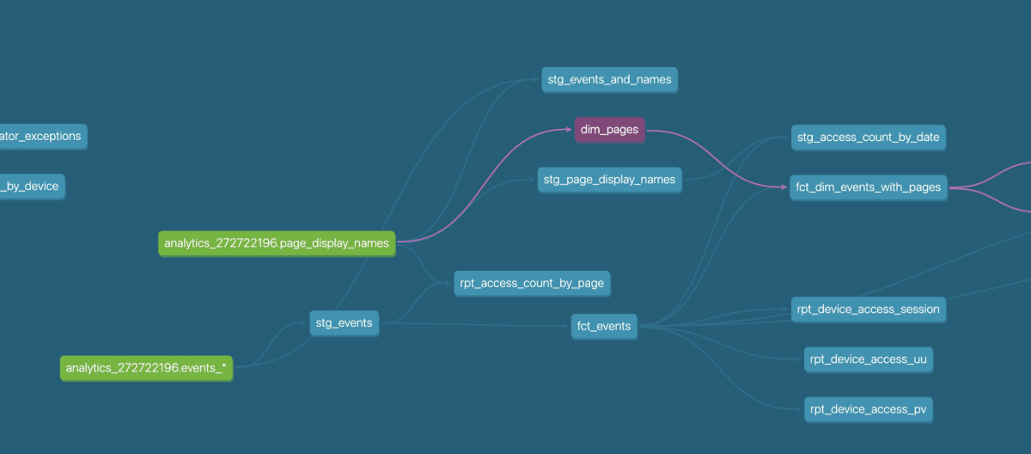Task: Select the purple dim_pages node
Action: (x=609, y=130)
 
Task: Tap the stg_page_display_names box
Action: (x=609, y=181)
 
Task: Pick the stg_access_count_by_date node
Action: (x=868, y=137)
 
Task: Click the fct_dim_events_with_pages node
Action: (x=868, y=187)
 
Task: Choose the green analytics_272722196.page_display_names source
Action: (x=277, y=243)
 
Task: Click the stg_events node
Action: (x=344, y=323)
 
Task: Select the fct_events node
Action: (x=604, y=326)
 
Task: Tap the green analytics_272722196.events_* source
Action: (x=146, y=368)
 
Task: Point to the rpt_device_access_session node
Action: (x=868, y=309)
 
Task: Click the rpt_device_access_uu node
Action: (x=868, y=359)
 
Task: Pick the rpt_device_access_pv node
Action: (x=868, y=409)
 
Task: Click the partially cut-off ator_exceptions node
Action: (x=42, y=136)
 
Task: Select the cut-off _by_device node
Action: (x=32, y=186)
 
